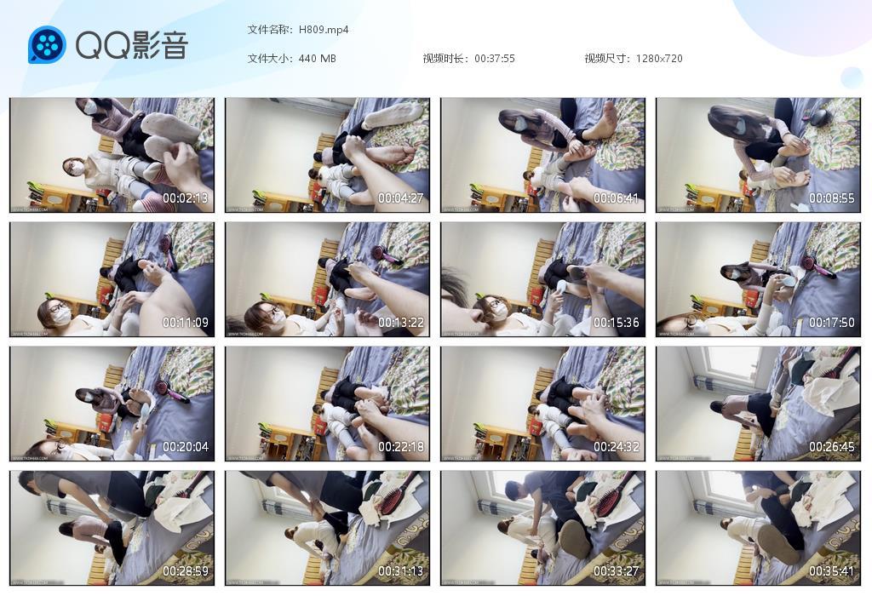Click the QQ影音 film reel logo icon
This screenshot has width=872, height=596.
pyautogui.click(x=47, y=44)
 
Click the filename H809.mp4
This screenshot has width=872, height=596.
pyautogui.click(x=324, y=30)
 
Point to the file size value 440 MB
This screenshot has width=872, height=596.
pyautogui.click(x=318, y=59)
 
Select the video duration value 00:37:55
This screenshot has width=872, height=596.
pyautogui.click(x=495, y=59)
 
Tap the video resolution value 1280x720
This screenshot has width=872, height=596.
pyautogui.click(x=659, y=59)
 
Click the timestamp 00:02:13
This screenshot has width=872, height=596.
pyautogui.click(x=185, y=198)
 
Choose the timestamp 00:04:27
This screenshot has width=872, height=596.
pyautogui.click(x=400, y=198)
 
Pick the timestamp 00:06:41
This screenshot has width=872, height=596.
pyautogui.click(x=616, y=198)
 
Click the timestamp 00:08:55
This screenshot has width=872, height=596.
pyautogui.click(x=831, y=198)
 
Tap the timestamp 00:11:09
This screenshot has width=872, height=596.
pyautogui.click(x=185, y=323)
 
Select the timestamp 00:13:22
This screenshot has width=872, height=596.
pyautogui.click(x=400, y=323)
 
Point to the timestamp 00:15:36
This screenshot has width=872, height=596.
pyautogui.click(x=616, y=323)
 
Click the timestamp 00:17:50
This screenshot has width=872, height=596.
pyautogui.click(x=831, y=323)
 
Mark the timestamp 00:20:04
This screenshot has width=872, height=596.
pyautogui.click(x=185, y=447)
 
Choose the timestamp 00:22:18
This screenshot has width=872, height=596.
pyautogui.click(x=400, y=447)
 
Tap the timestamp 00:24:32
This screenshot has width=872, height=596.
pyautogui.click(x=616, y=447)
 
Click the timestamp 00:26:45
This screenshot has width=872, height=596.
pyautogui.click(x=831, y=447)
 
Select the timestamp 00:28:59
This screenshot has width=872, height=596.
pyautogui.click(x=185, y=571)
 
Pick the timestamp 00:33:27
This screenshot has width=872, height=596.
pyautogui.click(x=616, y=571)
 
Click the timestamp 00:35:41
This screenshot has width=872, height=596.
pyautogui.click(x=831, y=571)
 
